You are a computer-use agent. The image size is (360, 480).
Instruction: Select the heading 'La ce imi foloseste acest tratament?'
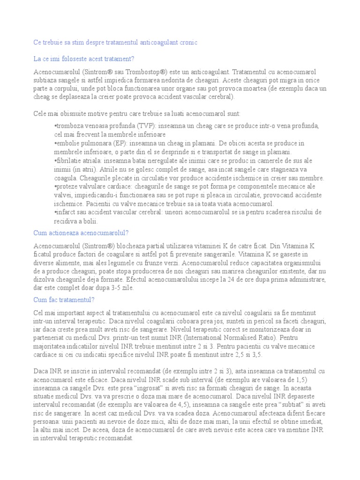pyautogui.click(x=84, y=59)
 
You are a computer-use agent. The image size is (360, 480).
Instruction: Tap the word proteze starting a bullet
pyautogui.click(x=67, y=187)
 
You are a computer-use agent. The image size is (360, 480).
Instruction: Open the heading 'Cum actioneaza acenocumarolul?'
pyautogui.click(x=81, y=233)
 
